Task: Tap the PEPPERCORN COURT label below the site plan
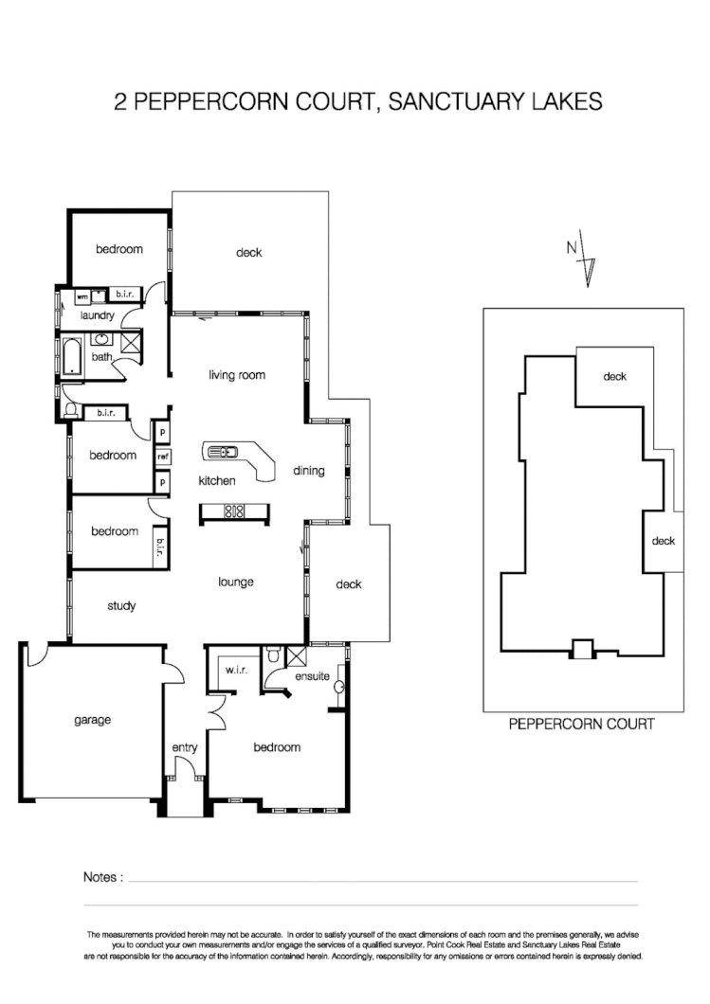click(581, 725)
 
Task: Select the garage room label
click(92, 720)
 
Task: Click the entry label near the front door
click(185, 748)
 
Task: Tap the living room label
click(236, 375)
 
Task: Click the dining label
click(309, 470)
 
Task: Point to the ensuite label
click(312, 677)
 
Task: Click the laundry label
click(98, 315)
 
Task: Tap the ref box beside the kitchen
click(163, 457)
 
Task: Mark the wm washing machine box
click(81, 296)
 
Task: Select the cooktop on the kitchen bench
click(233, 512)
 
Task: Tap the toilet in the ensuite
click(272, 654)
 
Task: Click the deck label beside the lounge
click(349, 584)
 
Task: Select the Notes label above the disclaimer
click(103, 877)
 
